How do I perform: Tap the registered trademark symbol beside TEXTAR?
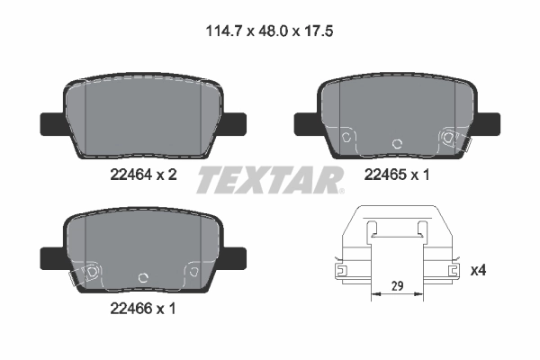(x=341, y=189)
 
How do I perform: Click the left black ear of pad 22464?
(x=50, y=121)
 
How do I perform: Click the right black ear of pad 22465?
(x=489, y=121)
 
